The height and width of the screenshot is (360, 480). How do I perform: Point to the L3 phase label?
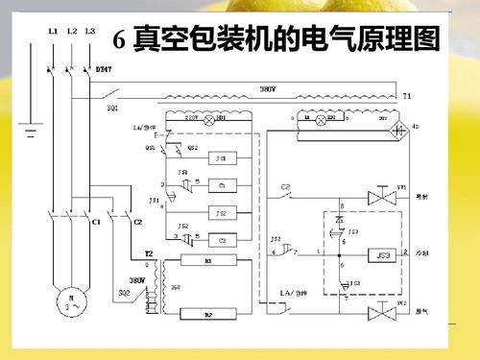click(x=89, y=31)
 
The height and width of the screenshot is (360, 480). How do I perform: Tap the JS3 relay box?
click(x=384, y=255)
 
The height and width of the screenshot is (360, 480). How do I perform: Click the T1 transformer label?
click(x=407, y=97)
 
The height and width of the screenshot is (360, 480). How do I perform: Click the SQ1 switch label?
click(x=112, y=108)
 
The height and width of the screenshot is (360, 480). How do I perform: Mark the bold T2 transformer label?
click(x=149, y=253)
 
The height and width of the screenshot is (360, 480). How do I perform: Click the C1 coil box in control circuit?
click(x=222, y=184)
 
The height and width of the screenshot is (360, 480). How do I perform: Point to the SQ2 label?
click(x=124, y=291)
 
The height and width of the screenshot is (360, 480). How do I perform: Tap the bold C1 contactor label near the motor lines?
click(x=95, y=222)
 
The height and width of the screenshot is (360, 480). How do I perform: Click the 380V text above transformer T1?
click(x=269, y=88)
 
